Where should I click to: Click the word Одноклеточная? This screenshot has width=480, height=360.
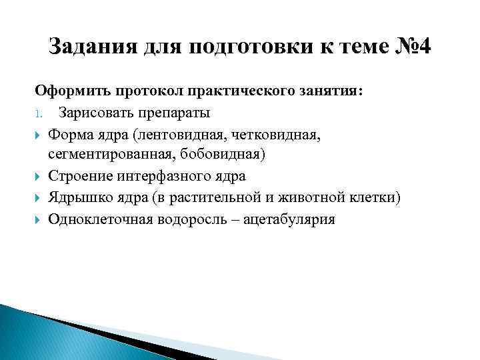click(x=100, y=219)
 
